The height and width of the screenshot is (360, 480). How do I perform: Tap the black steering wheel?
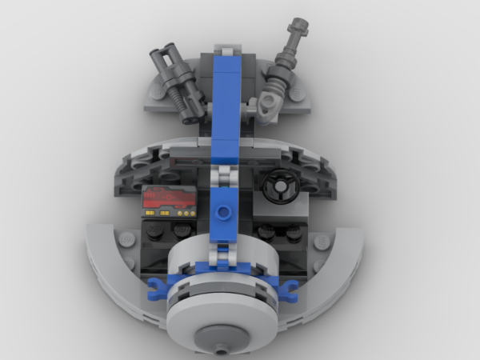(x=280, y=188)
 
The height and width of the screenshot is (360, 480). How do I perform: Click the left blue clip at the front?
(x=160, y=285)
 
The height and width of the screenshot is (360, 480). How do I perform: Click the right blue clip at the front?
(x=288, y=286)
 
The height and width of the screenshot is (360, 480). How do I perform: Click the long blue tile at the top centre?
(x=229, y=88)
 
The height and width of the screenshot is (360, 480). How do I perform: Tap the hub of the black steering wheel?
(x=280, y=188)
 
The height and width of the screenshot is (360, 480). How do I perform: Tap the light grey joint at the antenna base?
(x=269, y=102)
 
